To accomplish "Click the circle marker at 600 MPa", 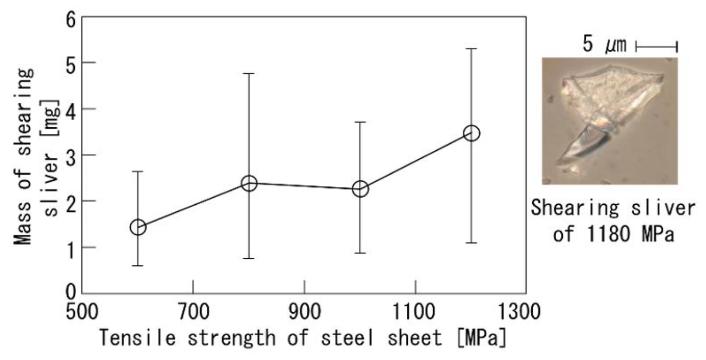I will click(138, 227).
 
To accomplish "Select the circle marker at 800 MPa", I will click(249, 183).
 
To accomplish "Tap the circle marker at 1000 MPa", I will click(360, 189).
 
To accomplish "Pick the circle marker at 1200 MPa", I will click(472, 133).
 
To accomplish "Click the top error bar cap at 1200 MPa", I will click(471, 49).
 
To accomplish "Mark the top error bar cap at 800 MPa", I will click(249, 73).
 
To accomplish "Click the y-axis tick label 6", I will click(71, 20).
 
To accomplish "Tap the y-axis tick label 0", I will click(71, 292).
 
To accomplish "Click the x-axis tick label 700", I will click(194, 312).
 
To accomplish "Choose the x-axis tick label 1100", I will click(414, 312).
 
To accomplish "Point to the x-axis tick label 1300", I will click(519, 312).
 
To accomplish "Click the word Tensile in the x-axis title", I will click(138, 337).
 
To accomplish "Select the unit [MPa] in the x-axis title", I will click(482, 338).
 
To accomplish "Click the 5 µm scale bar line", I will click(656, 46).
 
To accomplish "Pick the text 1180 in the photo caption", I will click(608, 234).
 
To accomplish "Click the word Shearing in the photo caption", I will click(575, 208).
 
